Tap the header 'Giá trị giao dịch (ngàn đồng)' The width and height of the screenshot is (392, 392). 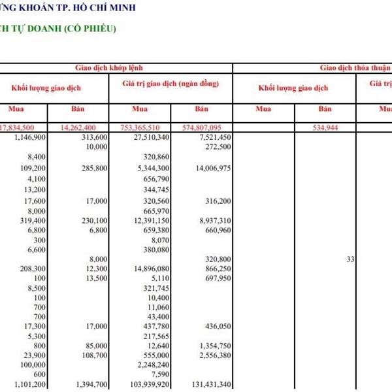[170, 84]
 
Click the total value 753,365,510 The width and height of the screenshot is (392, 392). [145, 127]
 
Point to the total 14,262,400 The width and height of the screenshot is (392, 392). [87, 127]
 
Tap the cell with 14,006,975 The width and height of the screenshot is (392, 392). [214, 169]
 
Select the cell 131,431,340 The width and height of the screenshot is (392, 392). [209, 385]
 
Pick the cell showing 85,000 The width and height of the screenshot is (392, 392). [96, 345]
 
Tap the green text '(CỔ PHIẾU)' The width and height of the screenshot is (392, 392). [91, 29]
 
